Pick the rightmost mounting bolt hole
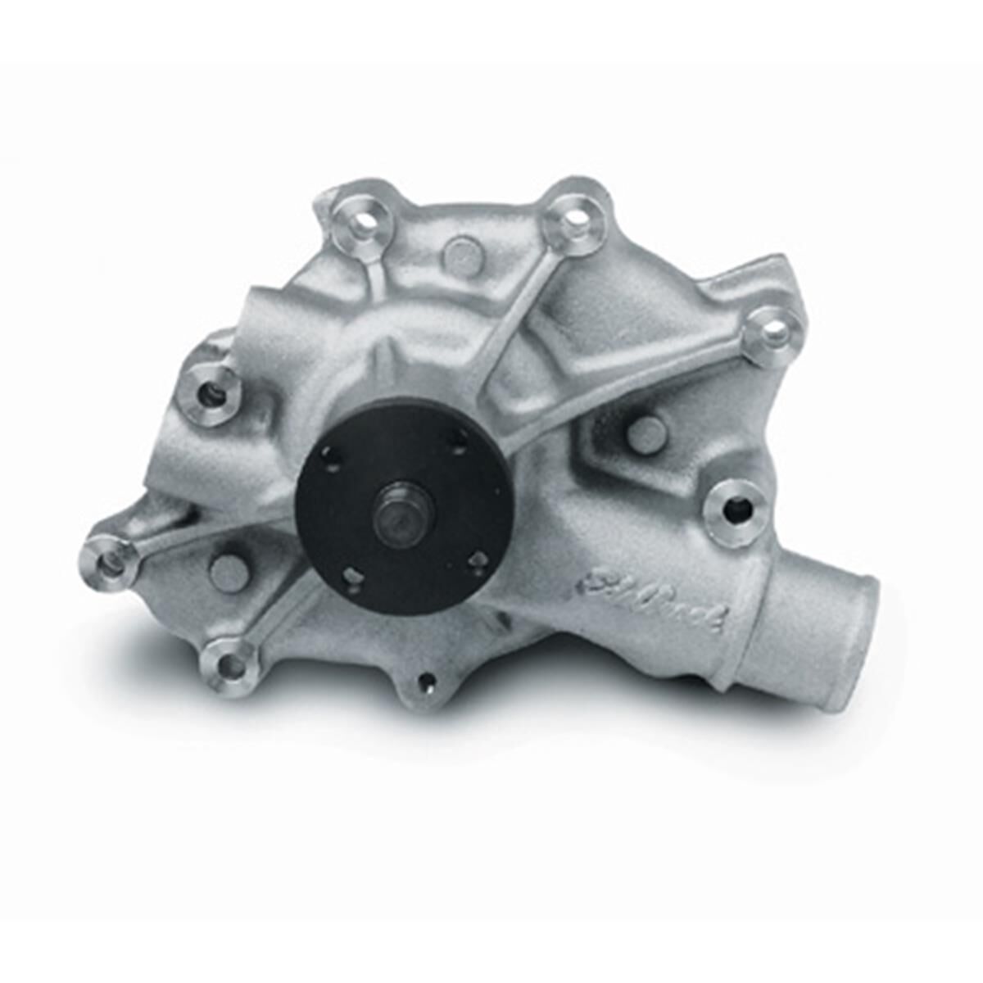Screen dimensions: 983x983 click(772, 332)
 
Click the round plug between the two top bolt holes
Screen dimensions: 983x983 click(461, 255)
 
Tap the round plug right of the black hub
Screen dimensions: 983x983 click(647, 434)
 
